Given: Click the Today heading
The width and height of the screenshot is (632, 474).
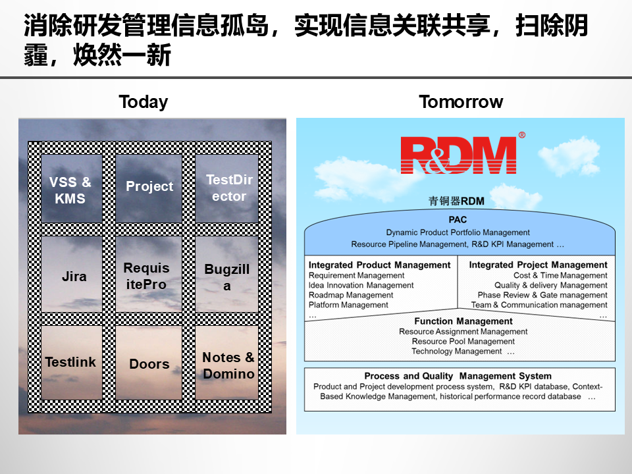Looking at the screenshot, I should click(x=143, y=102).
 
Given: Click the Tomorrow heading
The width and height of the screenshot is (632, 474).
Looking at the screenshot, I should click(x=461, y=102).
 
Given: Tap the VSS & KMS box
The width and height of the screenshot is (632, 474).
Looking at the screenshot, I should click(x=70, y=190).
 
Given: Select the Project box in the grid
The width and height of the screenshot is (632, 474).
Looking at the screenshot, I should click(x=149, y=186).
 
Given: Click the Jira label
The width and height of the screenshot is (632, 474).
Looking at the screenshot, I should click(x=74, y=276).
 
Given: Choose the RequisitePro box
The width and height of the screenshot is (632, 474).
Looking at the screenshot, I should click(x=146, y=276).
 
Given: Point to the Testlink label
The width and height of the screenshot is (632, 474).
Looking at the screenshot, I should click(x=70, y=362).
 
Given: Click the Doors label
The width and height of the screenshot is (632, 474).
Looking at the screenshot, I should click(x=149, y=364).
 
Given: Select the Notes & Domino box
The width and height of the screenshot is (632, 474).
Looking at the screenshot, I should click(x=228, y=365).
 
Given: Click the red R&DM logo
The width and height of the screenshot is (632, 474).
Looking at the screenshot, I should click(x=458, y=155).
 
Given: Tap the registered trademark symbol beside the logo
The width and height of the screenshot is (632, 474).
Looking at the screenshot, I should click(x=522, y=135).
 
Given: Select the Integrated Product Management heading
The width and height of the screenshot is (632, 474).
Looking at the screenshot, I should click(x=380, y=265).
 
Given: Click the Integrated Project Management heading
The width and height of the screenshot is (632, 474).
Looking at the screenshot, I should click(x=538, y=265).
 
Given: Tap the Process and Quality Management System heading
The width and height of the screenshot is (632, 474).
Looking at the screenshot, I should click(x=458, y=376).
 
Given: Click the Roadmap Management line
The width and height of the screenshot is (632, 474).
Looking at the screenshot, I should click(x=351, y=295).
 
